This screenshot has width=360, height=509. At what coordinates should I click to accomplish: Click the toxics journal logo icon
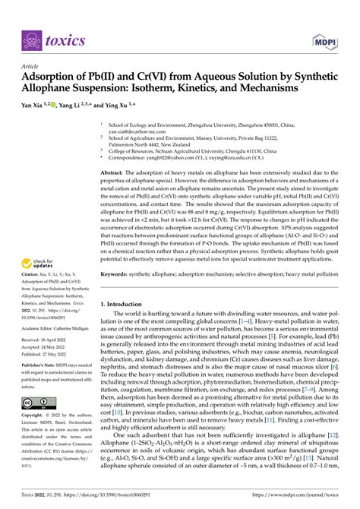[x=33, y=40]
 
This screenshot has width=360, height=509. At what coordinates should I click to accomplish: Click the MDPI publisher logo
[x=323, y=40]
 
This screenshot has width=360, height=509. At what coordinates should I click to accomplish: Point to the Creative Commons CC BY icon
[x=39, y=403]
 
